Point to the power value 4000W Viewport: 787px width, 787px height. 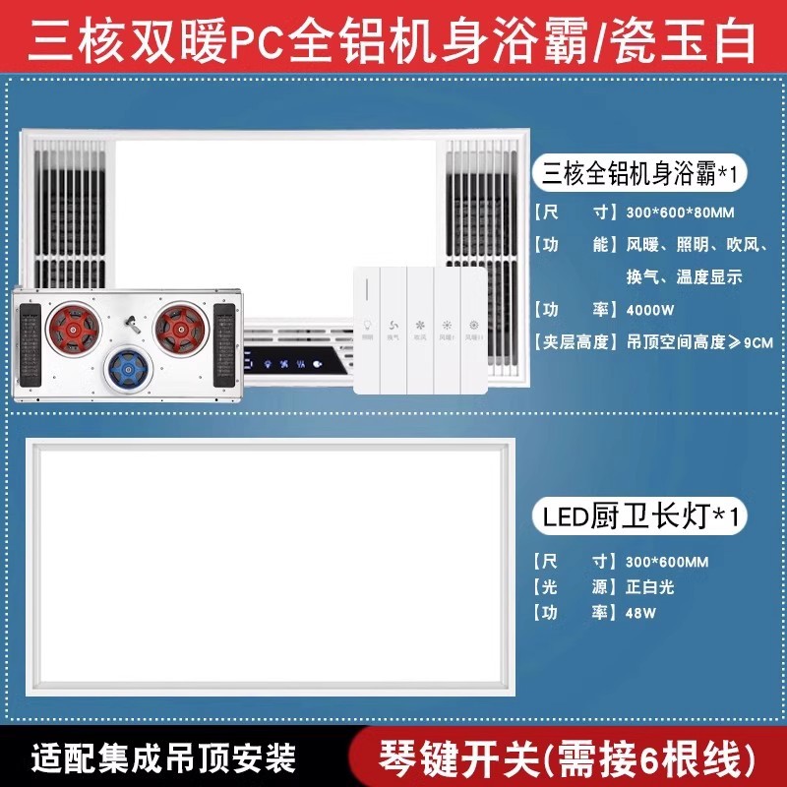click(649, 309)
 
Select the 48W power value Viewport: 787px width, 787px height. click(641, 612)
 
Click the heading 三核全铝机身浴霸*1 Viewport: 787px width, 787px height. click(639, 173)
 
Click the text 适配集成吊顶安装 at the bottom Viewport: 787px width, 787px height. click(163, 758)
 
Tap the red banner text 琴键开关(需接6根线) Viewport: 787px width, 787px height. click(568, 758)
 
